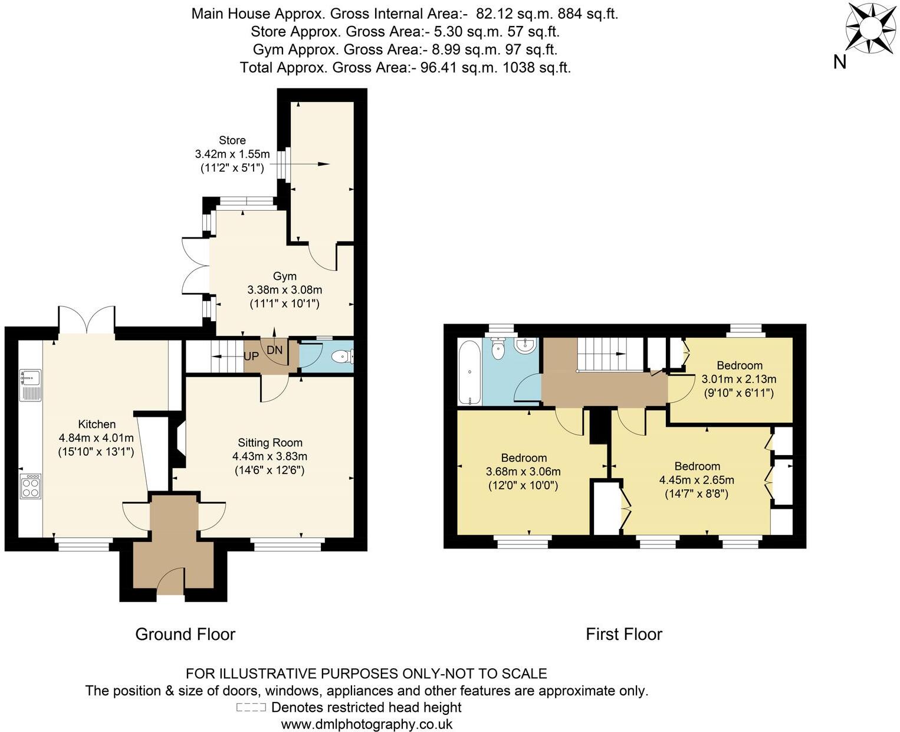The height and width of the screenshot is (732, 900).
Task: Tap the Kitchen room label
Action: (97, 424)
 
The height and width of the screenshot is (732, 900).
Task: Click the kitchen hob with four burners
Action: (31, 486)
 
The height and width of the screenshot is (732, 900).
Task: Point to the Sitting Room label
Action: (270, 442)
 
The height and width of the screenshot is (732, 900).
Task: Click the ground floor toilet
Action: (341, 357)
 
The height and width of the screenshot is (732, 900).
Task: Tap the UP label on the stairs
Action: (251, 357)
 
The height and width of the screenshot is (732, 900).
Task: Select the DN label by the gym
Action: (275, 350)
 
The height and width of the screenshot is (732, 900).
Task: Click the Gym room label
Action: (284, 276)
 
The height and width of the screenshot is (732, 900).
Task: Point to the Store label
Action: (232, 140)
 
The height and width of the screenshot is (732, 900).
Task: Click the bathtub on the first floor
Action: (469, 372)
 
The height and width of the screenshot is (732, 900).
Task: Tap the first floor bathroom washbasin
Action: (524, 345)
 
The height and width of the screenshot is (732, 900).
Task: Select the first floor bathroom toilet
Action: (499, 348)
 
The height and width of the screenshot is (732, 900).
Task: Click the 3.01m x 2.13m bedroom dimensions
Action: (739, 378)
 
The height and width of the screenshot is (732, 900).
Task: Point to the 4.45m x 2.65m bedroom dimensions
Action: (697, 479)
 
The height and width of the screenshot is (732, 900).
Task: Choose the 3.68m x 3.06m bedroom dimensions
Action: (523, 471)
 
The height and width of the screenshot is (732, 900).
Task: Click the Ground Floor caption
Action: (185, 634)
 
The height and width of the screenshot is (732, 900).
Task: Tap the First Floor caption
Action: (624, 634)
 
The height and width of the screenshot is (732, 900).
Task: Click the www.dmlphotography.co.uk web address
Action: (367, 724)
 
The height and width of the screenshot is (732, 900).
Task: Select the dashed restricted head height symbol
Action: (251, 707)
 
